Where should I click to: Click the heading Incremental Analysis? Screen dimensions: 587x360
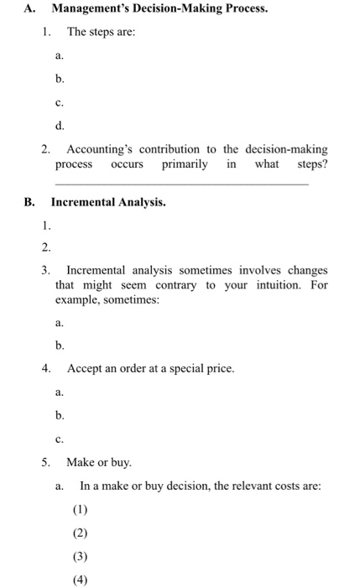[108, 202]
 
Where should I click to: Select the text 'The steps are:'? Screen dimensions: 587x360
[101, 32]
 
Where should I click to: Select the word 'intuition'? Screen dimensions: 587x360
[263, 285]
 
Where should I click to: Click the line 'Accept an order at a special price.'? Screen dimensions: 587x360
[150, 368]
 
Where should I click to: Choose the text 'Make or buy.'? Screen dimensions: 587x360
[98, 462]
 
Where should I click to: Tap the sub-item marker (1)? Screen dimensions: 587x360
[81, 509]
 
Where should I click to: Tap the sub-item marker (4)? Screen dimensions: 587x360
[81, 579]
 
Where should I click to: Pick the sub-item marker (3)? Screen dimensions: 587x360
[81, 555]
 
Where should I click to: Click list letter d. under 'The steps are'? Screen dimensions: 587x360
[59, 126]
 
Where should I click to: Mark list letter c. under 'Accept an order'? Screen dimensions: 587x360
[59, 438]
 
